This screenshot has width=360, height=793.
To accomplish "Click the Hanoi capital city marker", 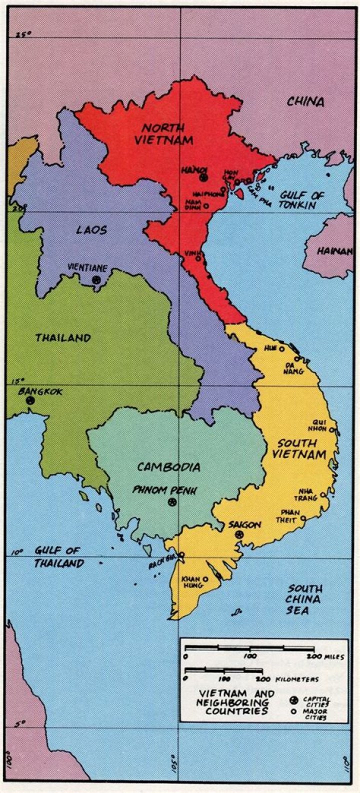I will pyautogui.click(x=203, y=177).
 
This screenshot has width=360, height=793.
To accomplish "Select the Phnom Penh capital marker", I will pyautogui.click(x=172, y=502).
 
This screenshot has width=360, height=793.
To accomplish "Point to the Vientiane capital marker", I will pyautogui.click(x=96, y=279).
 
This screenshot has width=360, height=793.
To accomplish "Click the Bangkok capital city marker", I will pyautogui.click(x=30, y=400).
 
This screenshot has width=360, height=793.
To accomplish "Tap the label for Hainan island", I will pyautogui.click(x=334, y=251).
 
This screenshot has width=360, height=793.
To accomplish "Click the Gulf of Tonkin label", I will pyautogui.click(x=301, y=200).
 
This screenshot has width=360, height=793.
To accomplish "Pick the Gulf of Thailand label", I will pyautogui.click(x=58, y=557).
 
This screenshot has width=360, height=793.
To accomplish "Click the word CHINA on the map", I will pyautogui.click(x=305, y=102).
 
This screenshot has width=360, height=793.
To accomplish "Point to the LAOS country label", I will pyautogui.click(x=91, y=230).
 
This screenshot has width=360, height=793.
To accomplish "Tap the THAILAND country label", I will pyautogui.click(x=63, y=338).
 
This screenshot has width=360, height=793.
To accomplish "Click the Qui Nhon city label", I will pyautogui.click(x=319, y=425).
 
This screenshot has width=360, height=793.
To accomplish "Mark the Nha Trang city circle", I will pyautogui.click(x=323, y=495).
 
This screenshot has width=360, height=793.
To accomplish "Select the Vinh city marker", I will pyautogui.click(x=198, y=258).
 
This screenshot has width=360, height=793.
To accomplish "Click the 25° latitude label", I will pyautogui.click(x=23, y=34).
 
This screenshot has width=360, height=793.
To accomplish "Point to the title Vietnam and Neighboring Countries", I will pyautogui.click(x=236, y=702).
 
